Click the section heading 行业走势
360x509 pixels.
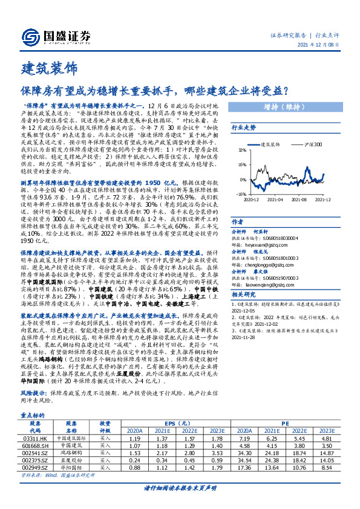coord(244,128)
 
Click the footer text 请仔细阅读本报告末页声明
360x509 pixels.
coord(180,487)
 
